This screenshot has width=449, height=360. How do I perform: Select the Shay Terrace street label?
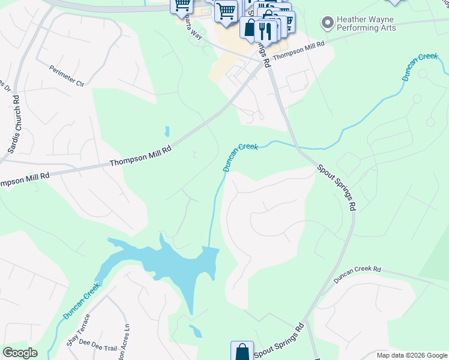click(78, 329)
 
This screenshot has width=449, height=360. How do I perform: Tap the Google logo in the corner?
click(20, 353)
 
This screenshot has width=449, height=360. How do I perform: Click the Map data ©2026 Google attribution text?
click(411, 355)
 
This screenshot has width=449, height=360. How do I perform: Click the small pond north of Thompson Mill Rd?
click(167, 131)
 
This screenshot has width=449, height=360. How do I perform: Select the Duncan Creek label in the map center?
click(240, 156)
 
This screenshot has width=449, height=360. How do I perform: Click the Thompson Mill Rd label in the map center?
click(141, 156)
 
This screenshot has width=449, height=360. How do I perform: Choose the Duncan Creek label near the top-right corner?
click(420, 66)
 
